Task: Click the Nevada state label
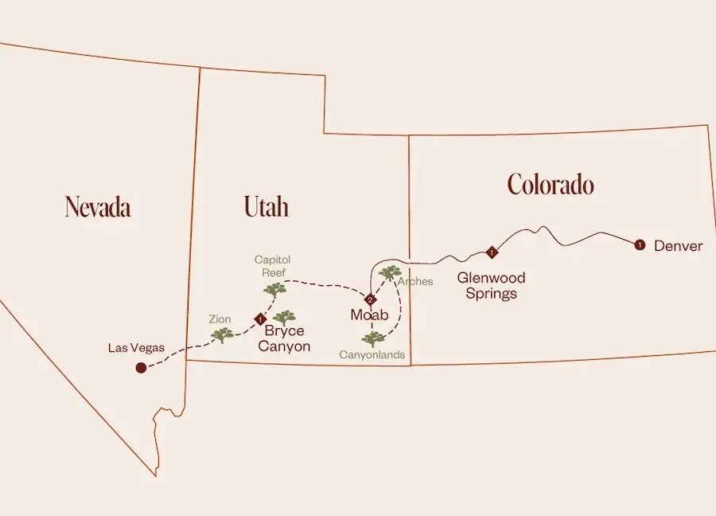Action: [x=98, y=207]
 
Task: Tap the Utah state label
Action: [x=266, y=207]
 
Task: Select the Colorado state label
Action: [x=551, y=185]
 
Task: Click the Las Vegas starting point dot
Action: [x=141, y=368]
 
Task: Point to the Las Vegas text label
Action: [x=137, y=348]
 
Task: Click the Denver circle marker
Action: [x=639, y=245]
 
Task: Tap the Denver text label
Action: [x=678, y=246]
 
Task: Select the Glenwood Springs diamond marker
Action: [x=492, y=252]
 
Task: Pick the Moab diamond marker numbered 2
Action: [x=370, y=299]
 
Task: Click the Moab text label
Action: [x=369, y=315]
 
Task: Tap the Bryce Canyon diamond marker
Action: [x=259, y=319]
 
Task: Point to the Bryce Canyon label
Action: [x=284, y=338]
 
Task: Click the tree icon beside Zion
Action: [x=222, y=334]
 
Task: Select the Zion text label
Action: [x=220, y=319]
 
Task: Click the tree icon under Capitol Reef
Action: [x=274, y=290]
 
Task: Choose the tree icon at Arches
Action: [x=390, y=273]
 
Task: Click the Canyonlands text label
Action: [x=372, y=355]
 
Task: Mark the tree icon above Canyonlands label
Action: [x=372, y=339]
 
